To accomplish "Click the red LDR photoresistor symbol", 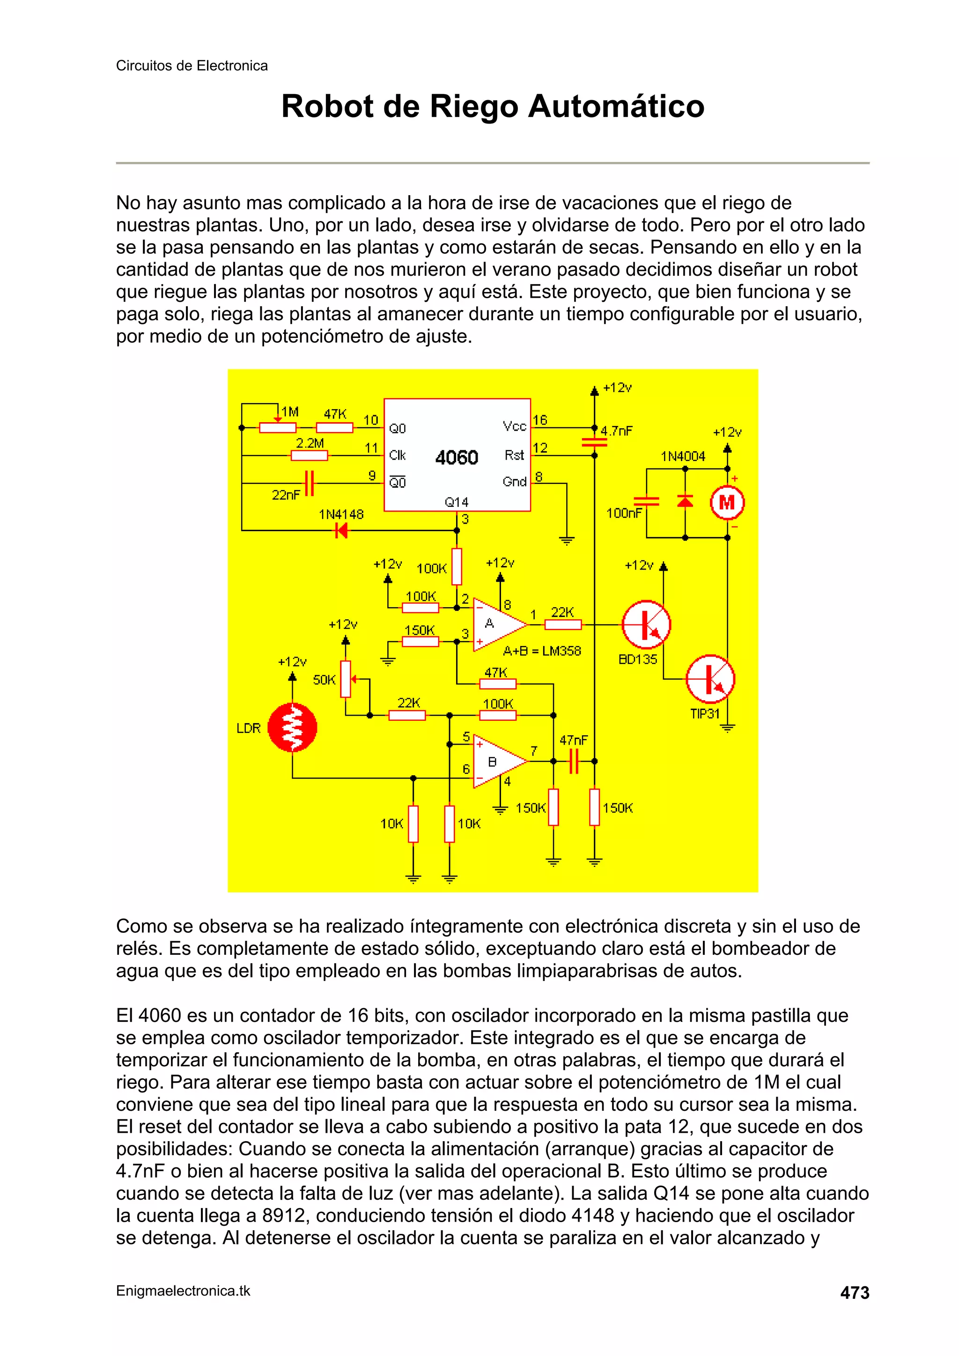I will click(x=293, y=727).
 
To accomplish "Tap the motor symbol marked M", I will click(x=727, y=503).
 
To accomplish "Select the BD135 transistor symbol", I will click(x=646, y=624).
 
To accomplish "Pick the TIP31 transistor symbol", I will click(x=710, y=679).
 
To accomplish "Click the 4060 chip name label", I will click(x=457, y=457).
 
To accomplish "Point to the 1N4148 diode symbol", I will click(x=341, y=530).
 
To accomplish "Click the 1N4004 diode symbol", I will click(x=685, y=501).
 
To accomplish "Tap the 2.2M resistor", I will click(x=310, y=455).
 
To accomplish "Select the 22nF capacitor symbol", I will click(x=309, y=483).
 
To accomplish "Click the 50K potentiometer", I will click(x=346, y=679).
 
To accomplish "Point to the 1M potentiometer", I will click(x=278, y=428).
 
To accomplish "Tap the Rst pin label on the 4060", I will click(x=514, y=455).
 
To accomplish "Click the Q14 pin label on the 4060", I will click(x=456, y=502).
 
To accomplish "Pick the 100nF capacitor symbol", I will click(x=646, y=501).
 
